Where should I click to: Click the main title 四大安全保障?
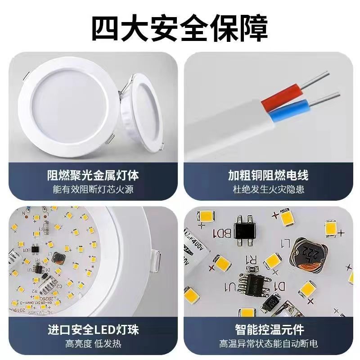180,28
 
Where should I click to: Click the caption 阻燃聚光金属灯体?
93,175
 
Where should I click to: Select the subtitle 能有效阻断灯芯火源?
93,189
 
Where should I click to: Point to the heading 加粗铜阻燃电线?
268,175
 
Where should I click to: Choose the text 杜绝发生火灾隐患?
268,189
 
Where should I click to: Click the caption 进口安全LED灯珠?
93,330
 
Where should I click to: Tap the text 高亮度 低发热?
93,344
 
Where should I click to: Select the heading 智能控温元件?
268,330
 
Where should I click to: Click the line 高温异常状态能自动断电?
268,344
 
